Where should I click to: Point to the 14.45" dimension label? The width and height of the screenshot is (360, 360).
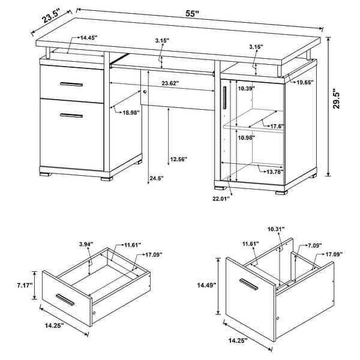(87, 37)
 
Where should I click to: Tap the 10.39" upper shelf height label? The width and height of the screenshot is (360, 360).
(246, 89)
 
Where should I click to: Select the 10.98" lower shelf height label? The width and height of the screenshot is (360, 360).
(247, 137)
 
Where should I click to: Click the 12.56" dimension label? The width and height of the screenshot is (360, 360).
(178, 159)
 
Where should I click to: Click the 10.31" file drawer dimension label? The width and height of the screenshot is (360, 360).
(276, 229)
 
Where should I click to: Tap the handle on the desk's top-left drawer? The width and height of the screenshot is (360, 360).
(71, 83)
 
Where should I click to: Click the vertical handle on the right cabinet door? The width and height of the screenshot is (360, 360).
(223, 98)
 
